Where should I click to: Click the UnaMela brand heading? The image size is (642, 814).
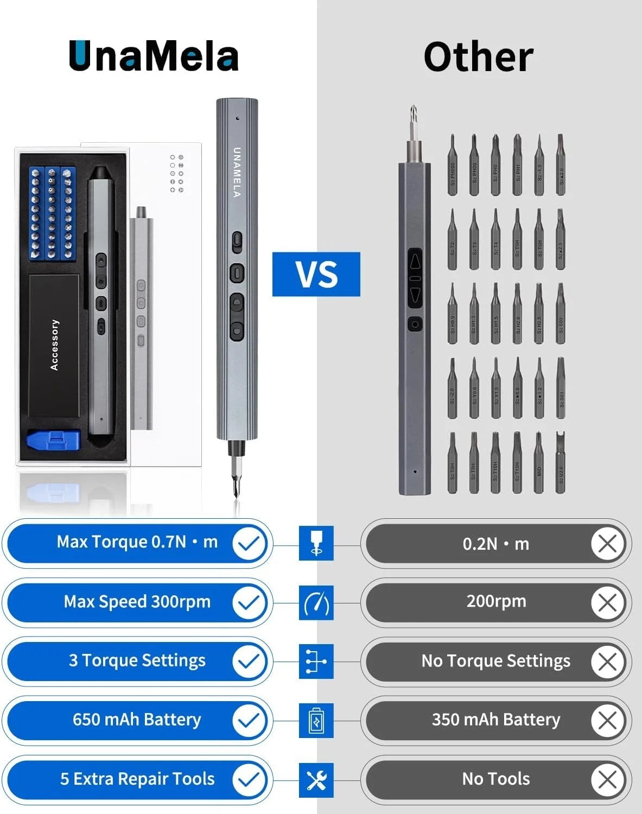(154, 56)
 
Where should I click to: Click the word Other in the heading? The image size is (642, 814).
(478, 57)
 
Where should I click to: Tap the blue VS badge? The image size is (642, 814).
(316, 274)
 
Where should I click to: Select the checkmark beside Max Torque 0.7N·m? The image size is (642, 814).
(249, 543)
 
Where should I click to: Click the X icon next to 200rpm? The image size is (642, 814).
(607, 602)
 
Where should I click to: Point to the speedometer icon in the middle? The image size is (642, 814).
(316, 603)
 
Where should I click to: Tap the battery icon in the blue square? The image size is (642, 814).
(316, 721)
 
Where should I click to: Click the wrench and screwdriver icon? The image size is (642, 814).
(316, 780)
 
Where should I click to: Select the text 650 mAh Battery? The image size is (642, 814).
(137, 720)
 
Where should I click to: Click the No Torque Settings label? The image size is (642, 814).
(495, 661)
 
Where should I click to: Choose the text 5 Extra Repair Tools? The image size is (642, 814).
(137, 779)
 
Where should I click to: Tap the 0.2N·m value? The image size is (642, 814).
(495, 544)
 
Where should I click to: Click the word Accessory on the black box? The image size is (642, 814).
(54, 345)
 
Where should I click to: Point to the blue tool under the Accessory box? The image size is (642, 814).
(54, 440)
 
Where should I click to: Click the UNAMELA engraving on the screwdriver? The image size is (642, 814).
(237, 172)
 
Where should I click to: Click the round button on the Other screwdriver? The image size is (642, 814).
(415, 324)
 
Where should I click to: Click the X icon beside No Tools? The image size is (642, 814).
(607, 780)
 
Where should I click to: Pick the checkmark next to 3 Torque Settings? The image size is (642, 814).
(249, 662)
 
